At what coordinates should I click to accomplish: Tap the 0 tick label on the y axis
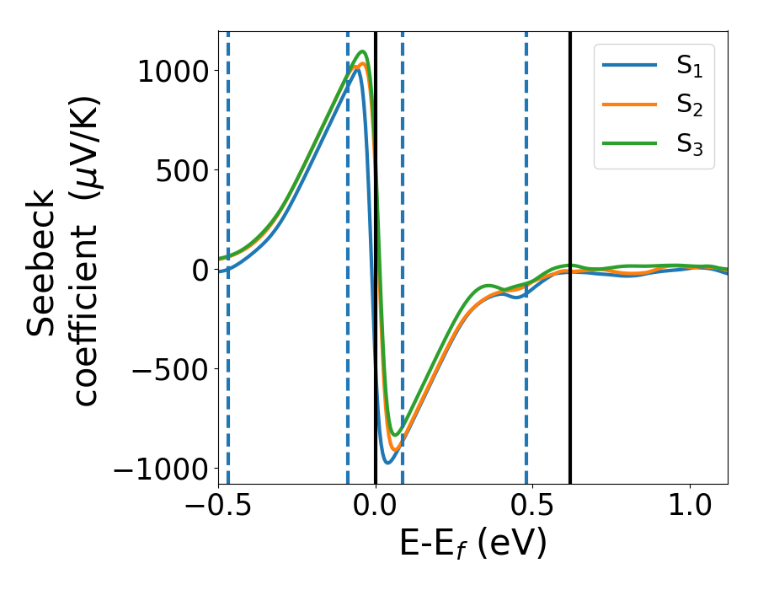(199, 270)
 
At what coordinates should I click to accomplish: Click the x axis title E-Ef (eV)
(472, 544)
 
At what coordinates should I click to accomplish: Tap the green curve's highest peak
(364, 52)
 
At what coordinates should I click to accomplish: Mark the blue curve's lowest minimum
(387, 462)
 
